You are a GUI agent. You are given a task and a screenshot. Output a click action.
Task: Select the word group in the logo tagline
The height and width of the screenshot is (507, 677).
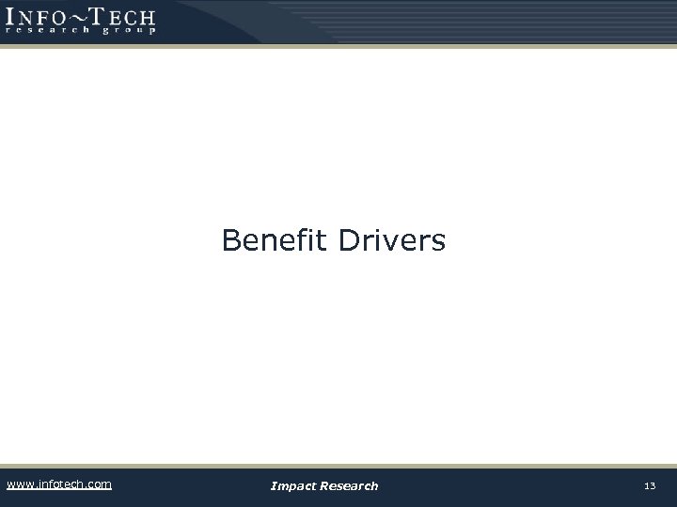pyautogui.click(x=127, y=30)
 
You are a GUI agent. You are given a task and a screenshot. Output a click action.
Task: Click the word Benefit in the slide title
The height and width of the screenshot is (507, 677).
pyautogui.click(x=275, y=241)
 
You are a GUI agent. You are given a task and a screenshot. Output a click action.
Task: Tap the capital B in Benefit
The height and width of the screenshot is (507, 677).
pyautogui.click(x=231, y=241)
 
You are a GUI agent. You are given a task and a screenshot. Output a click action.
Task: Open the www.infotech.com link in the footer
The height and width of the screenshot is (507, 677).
pyautogui.click(x=58, y=484)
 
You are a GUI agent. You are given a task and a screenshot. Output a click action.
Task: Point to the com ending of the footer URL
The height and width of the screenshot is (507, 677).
pyautogui.click(x=100, y=484)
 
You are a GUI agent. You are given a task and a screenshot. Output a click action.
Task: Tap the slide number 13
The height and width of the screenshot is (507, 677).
pyautogui.click(x=650, y=485)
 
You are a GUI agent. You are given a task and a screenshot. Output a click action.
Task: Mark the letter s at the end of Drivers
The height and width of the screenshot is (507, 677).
pyautogui.click(x=438, y=243)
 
